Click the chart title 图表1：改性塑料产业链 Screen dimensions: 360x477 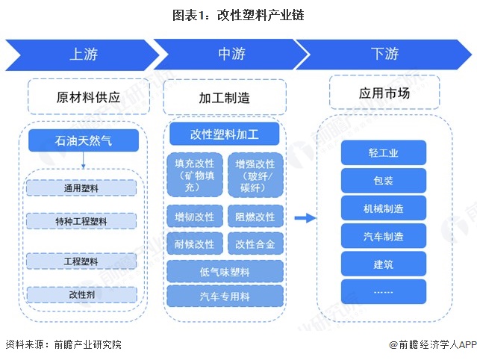[x=238, y=14]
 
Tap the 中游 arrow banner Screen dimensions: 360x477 [x=232, y=54]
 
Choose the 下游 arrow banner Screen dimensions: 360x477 [x=384, y=54]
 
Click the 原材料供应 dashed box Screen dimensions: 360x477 [x=83, y=97]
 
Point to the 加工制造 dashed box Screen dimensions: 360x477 [x=224, y=98]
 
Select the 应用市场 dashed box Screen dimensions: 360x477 [x=384, y=93]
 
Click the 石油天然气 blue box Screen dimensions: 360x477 [x=83, y=140]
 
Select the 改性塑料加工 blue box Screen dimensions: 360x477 [x=224, y=134]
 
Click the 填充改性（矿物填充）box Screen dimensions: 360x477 [x=194, y=175]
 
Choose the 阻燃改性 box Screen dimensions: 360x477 [x=255, y=217]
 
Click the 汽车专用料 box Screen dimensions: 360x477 [x=225, y=296]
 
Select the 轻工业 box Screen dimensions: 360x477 [x=384, y=153]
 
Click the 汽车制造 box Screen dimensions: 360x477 [x=384, y=236]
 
